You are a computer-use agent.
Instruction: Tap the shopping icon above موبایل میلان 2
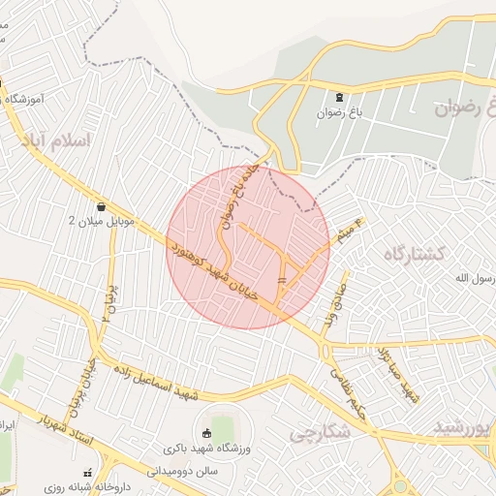point(102,205)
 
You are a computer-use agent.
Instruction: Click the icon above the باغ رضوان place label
point(339,97)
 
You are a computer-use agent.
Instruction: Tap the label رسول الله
point(476,279)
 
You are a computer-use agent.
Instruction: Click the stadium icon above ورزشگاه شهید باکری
point(205,433)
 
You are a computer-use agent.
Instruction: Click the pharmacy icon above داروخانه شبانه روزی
point(90,473)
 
